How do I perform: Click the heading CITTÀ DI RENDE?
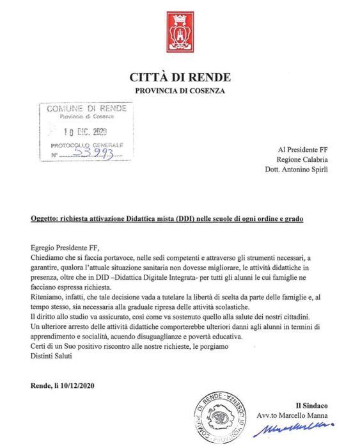tap(180, 78)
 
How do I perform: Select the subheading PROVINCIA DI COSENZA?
tap(180, 92)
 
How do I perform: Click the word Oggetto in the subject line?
tap(45, 218)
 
